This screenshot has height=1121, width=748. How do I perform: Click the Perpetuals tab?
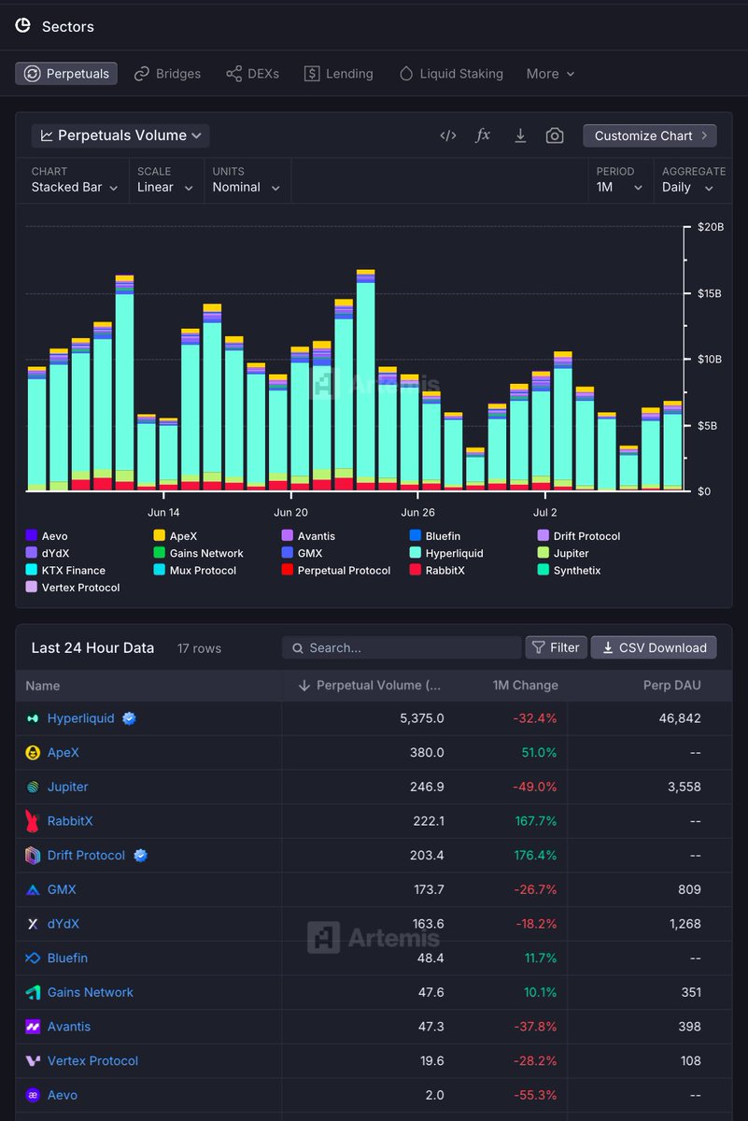tap(66, 74)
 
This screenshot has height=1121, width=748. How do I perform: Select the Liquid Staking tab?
tap(451, 74)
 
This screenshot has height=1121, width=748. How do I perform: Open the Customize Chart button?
tap(650, 135)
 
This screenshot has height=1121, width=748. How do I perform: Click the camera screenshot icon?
tap(555, 135)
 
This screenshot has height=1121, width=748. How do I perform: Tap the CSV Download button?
tap(654, 647)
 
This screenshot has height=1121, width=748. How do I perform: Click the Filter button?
tap(556, 647)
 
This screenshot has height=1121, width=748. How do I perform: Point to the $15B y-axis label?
tap(711, 293)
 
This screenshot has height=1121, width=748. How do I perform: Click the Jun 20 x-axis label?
tap(290, 512)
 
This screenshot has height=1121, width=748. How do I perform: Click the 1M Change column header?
tap(525, 685)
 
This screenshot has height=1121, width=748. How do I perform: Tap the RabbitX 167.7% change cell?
tap(535, 821)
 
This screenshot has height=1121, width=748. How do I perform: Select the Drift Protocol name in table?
tap(86, 855)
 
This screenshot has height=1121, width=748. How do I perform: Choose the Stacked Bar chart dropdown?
tap(75, 187)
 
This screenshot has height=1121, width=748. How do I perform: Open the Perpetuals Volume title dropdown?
tap(120, 135)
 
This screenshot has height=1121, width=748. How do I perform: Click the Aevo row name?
tap(63, 1095)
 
